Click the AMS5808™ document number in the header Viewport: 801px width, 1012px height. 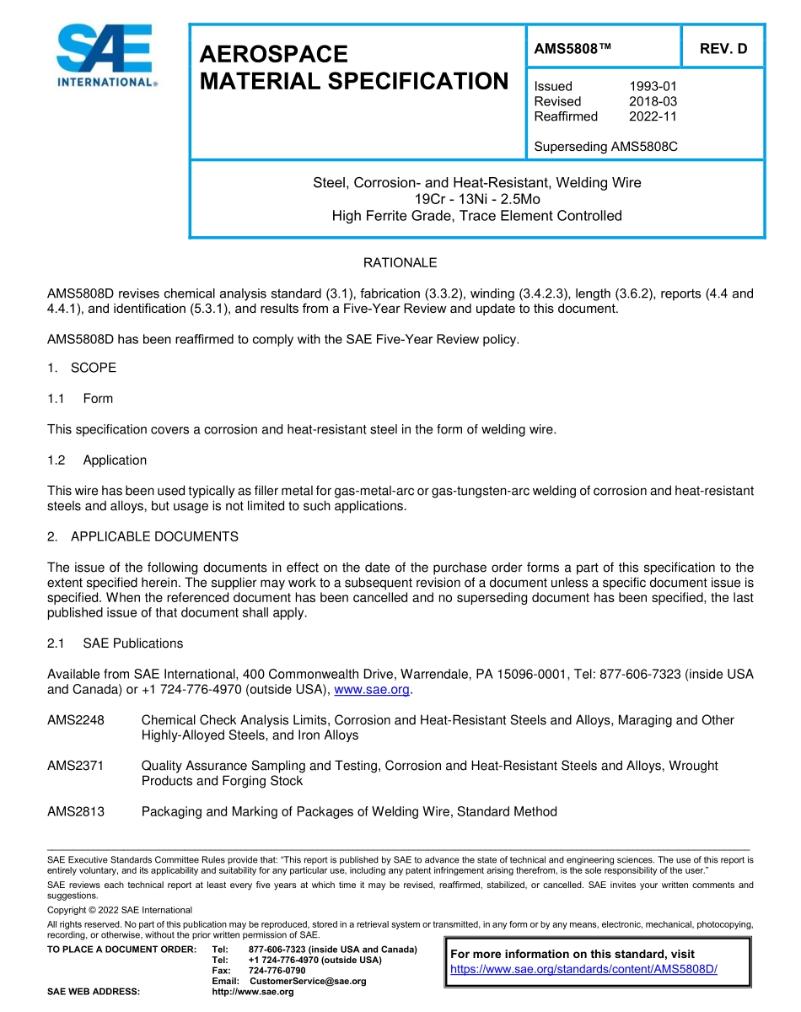[x=572, y=49]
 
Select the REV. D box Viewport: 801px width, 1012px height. [x=723, y=49]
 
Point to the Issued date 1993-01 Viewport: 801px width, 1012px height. [x=653, y=86]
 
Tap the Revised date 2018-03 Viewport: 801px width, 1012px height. [x=653, y=101]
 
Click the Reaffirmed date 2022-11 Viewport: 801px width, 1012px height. [x=653, y=116]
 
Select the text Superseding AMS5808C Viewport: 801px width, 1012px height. [x=605, y=147]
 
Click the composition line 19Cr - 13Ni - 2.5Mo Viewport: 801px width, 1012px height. [x=477, y=199]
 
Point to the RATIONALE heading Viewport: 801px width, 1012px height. [x=400, y=263]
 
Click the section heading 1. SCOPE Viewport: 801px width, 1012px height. [x=82, y=368]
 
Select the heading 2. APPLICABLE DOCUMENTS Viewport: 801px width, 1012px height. [x=142, y=536]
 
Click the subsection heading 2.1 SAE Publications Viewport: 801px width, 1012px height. [x=115, y=643]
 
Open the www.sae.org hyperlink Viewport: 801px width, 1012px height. [x=372, y=690]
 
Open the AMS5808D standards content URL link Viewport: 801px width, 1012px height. [x=583, y=969]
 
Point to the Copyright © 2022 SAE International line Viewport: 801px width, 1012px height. [x=120, y=910]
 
